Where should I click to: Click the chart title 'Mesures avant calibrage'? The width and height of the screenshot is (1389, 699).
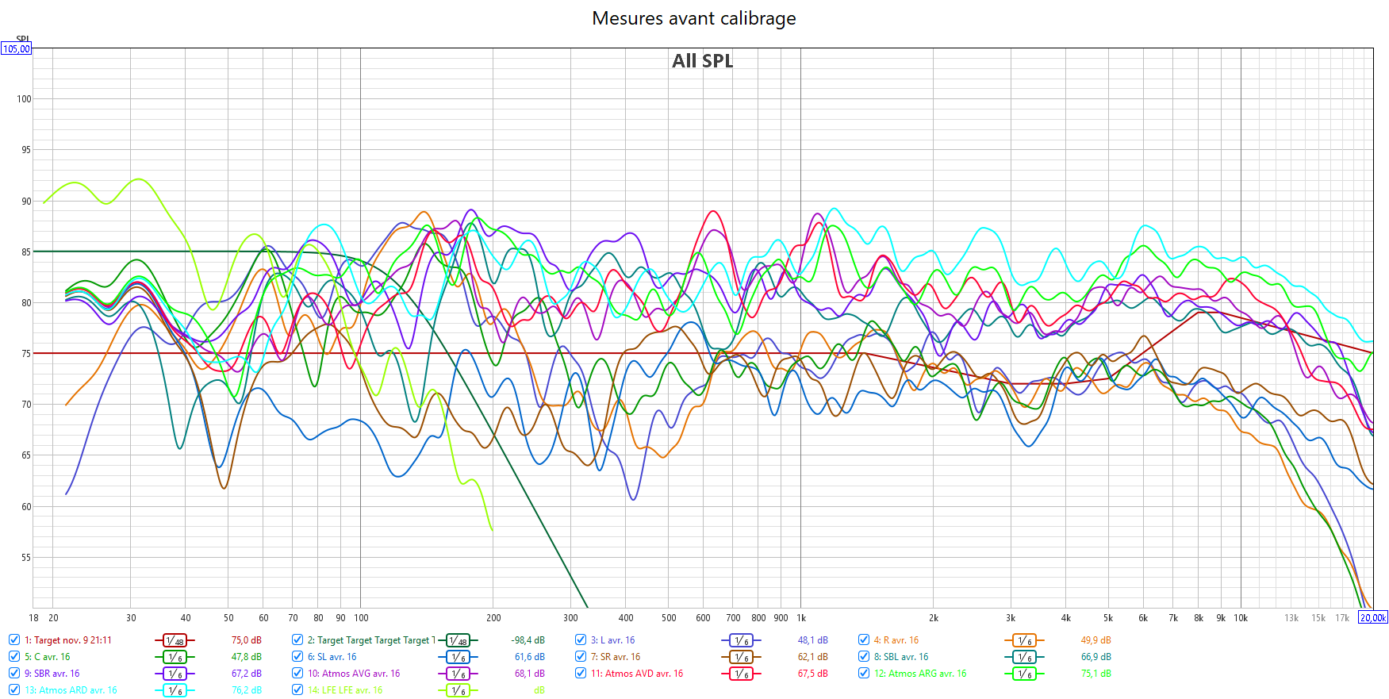(x=693, y=18)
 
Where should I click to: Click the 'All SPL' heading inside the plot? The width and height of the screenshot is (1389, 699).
(x=702, y=61)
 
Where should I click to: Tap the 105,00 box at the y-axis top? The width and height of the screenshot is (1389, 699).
(x=16, y=49)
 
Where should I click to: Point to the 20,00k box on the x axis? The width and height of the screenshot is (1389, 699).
(x=1372, y=617)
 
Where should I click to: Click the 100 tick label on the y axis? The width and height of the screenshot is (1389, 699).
(x=24, y=99)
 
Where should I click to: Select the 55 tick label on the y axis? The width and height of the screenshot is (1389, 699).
(x=26, y=558)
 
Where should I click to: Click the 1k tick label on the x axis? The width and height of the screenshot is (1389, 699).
(x=801, y=618)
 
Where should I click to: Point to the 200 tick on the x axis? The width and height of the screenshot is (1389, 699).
(x=493, y=618)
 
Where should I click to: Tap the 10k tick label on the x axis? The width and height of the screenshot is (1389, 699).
(x=1241, y=618)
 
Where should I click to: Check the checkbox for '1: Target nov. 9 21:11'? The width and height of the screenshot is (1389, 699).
(x=14, y=640)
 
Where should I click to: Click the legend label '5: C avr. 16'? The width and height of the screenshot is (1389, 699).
(x=52, y=657)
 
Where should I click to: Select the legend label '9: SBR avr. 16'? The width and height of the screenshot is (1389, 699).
(x=56, y=674)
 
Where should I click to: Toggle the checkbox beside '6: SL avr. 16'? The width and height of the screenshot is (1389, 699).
(x=297, y=657)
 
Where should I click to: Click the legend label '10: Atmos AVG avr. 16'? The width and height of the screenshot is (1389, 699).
(x=354, y=674)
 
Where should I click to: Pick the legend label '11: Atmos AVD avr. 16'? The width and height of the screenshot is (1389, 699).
(x=636, y=674)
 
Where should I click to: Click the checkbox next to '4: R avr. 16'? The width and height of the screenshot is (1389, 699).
(x=864, y=640)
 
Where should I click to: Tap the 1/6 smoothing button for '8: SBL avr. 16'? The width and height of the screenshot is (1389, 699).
(x=1024, y=657)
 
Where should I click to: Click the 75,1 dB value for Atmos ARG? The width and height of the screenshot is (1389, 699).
(x=1095, y=674)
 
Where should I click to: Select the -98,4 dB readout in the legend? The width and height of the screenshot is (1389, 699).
(x=528, y=640)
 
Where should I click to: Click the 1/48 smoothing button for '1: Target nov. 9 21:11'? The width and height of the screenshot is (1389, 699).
(x=175, y=640)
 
